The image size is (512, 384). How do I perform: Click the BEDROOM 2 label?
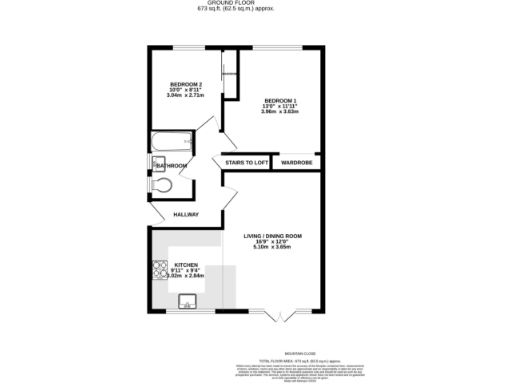(186, 83)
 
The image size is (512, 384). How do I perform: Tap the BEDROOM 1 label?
(281, 100)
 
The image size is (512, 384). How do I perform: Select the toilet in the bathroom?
(162, 184)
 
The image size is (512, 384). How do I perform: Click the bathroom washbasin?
(158, 164)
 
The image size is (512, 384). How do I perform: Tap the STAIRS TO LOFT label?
(246, 162)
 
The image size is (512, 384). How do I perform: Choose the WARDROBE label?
(297, 162)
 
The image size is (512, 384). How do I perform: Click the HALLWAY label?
(186, 214)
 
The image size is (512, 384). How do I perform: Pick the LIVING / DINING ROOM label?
(274, 236)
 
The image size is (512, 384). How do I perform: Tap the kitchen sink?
(186, 299)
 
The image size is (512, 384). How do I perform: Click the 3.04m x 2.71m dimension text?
(186, 95)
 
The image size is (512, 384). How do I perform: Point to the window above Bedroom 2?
(187, 46)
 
